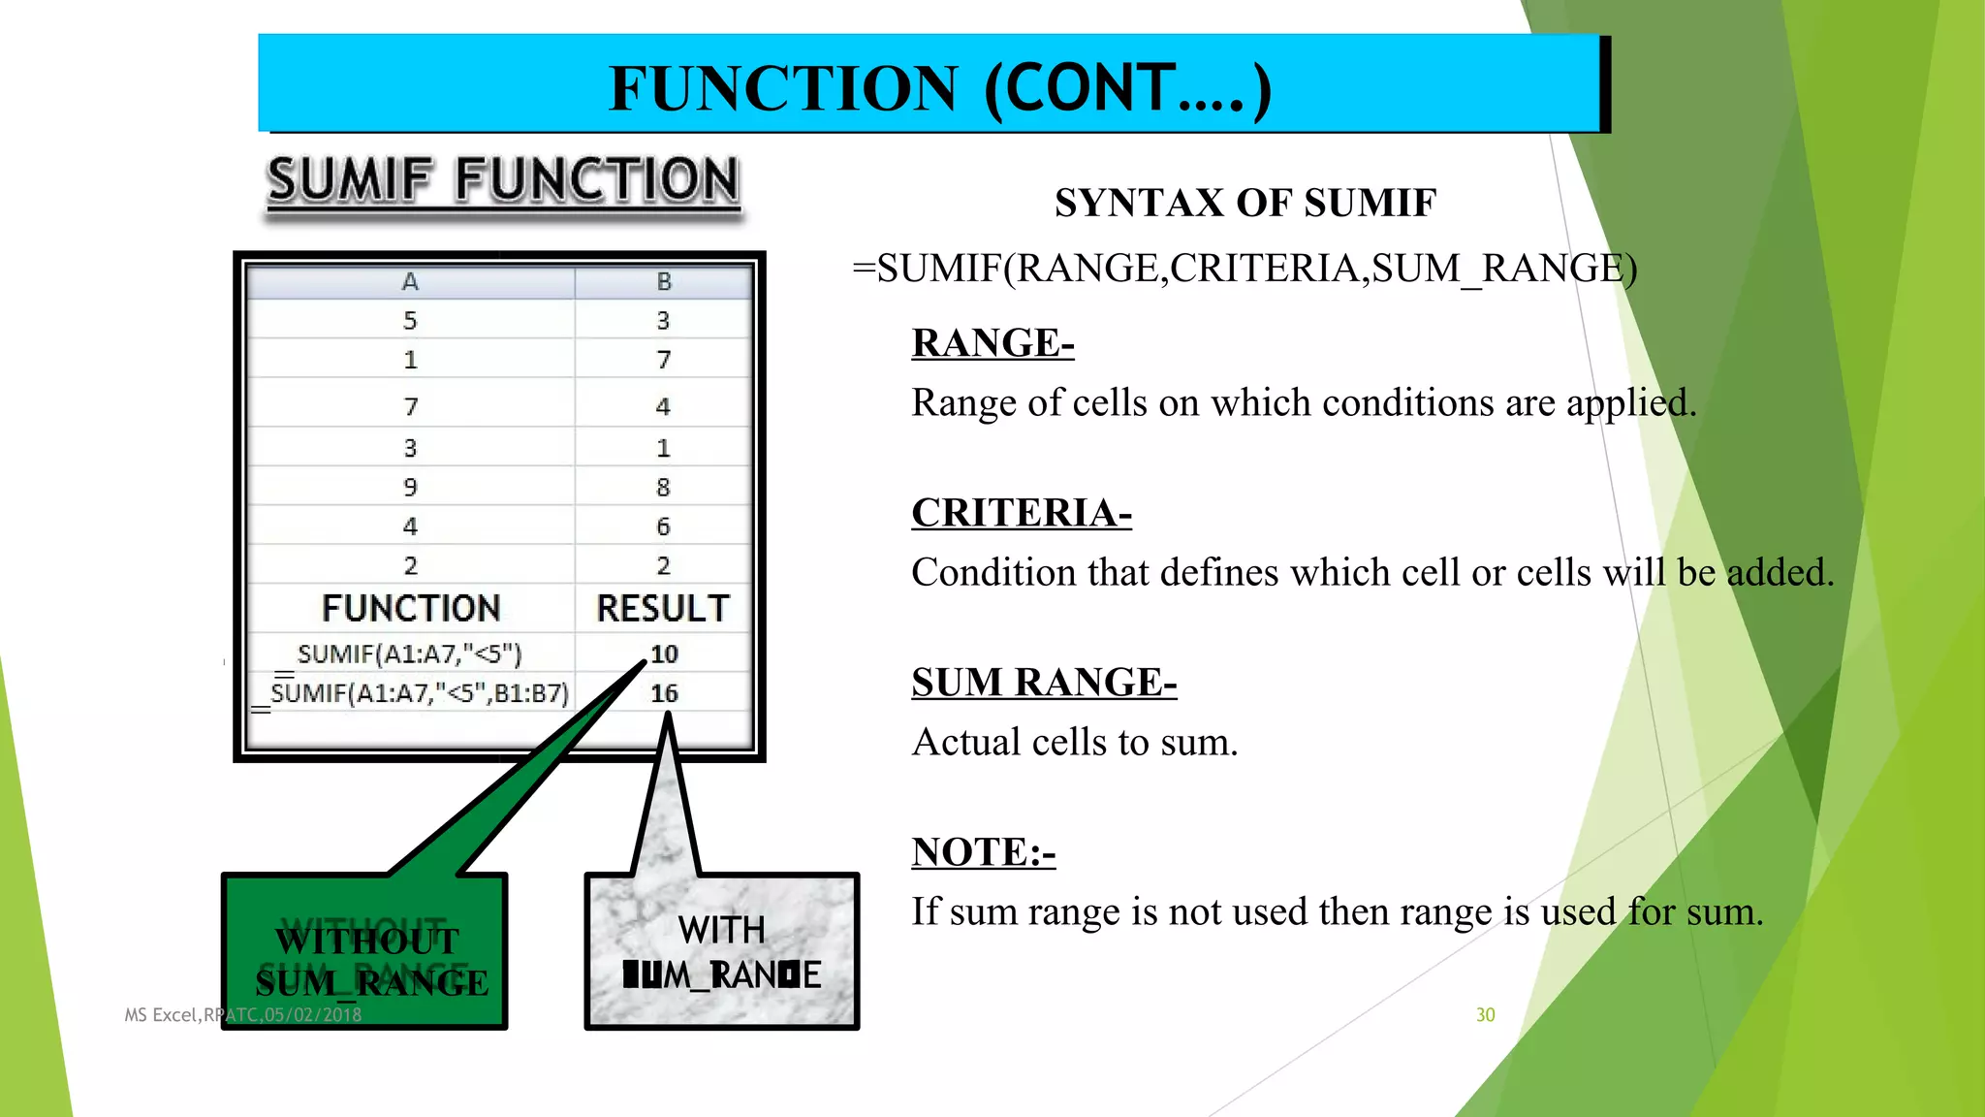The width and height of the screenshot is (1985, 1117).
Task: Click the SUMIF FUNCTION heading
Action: click(503, 181)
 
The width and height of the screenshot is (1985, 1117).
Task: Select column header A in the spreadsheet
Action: click(410, 282)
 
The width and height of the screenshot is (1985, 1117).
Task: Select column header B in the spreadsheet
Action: click(664, 282)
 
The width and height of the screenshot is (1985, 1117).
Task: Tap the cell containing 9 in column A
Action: click(410, 487)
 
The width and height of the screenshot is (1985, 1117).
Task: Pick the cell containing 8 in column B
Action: click(663, 487)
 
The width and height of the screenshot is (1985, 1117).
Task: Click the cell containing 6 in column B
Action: click(663, 527)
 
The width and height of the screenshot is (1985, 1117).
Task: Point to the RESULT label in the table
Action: click(663, 609)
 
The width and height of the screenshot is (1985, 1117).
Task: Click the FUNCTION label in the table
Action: click(411, 609)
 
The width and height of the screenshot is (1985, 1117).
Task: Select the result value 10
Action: click(664, 654)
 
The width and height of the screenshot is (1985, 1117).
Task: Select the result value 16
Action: click(664, 693)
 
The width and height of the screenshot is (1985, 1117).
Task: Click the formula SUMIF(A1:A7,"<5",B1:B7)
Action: click(419, 693)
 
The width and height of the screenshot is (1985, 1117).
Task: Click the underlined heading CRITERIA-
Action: click(1022, 513)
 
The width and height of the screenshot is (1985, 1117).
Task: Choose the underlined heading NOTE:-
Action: click(983, 852)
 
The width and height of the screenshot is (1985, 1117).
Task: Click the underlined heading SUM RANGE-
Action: click(1044, 683)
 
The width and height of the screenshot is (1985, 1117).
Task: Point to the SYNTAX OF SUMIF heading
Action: click(1245, 204)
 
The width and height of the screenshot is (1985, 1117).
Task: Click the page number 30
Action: click(1485, 1015)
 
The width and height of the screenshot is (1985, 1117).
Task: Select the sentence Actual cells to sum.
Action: click(1075, 743)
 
